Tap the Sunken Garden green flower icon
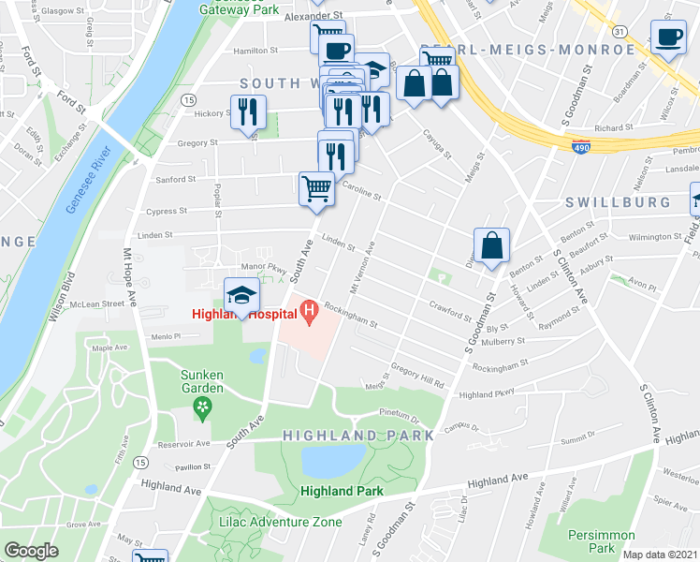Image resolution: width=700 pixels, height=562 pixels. point(201,406)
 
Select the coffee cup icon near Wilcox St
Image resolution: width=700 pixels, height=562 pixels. point(668,37)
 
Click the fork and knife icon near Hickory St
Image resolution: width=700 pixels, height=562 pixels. point(248,111)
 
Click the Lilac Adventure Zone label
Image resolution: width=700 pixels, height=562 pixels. point(269,521)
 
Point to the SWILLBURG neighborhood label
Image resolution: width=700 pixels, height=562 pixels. point(618,201)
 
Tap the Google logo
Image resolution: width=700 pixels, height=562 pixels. point(31,551)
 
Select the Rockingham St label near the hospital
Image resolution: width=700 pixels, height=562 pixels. point(351,316)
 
